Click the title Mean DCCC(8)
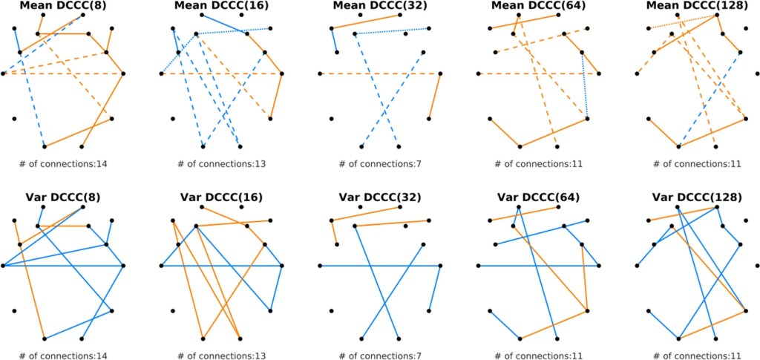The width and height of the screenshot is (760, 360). click(x=63, y=6)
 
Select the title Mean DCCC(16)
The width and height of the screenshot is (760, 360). click(x=221, y=6)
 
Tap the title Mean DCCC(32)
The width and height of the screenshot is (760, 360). click(x=379, y=6)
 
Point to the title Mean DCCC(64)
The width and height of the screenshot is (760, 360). click(x=538, y=6)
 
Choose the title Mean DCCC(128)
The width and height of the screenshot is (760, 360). click(x=696, y=6)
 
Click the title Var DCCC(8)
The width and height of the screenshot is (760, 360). click(x=63, y=197)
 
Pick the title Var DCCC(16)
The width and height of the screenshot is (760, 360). click(x=221, y=197)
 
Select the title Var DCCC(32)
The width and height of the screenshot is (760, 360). click(x=379, y=197)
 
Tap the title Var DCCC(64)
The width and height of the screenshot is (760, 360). click(x=538, y=197)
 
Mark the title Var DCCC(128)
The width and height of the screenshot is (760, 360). click(x=696, y=197)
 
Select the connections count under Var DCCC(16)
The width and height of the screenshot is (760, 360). click(x=221, y=356)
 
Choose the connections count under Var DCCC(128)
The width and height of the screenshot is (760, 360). click(x=696, y=356)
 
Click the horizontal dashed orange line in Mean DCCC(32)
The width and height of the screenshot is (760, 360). click(x=356, y=74)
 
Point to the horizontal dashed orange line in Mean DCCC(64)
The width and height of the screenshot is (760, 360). click(x=505, y=74)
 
